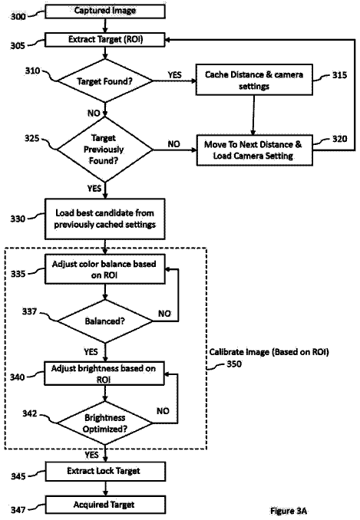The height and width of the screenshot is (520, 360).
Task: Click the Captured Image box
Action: click(105, 12)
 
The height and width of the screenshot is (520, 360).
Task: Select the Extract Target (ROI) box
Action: click(105, 40)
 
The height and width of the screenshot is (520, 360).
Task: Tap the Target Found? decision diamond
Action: click(105, 81)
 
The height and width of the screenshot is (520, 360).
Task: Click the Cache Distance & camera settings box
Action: click(254, 80)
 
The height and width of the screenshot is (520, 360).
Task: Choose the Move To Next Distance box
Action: click(255, 150)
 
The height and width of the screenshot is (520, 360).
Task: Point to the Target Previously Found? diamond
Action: click(105, 150)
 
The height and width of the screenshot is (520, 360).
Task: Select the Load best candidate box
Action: click(105, 219)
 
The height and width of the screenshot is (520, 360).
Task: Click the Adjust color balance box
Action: click(105, 269)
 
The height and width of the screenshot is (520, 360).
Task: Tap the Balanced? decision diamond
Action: click(105, 321)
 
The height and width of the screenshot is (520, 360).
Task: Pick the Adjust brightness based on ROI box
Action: click(104, 374)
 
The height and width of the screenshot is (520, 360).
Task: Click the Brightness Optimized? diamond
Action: click(105, 423)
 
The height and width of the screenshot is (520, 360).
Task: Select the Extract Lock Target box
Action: click(105, 471)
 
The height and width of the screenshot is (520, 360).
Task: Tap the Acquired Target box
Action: click(105, 505)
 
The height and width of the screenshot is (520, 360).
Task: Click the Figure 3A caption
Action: click(289, 511)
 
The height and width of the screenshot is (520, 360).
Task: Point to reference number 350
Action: click(234, 364)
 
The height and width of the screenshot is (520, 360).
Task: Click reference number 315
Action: click(339, 75)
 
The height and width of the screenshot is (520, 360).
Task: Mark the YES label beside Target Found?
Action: click(174, 75)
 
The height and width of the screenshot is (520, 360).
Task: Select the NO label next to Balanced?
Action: click(164, 314)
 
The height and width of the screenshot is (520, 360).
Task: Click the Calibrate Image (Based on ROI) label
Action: click(269, 352)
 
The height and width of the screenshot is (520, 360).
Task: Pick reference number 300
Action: click(18, 16)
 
